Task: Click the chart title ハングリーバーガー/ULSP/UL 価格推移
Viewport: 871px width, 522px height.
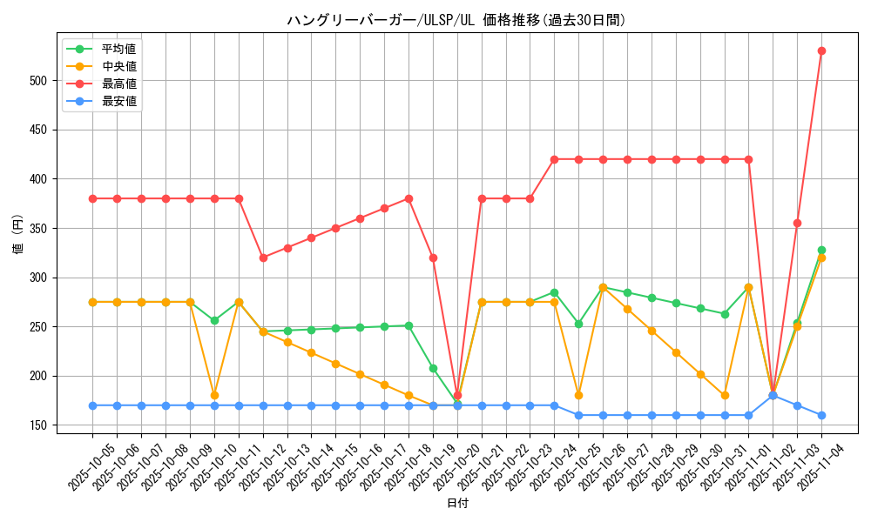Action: click(x=456, y=20)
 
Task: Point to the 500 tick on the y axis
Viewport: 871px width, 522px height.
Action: click(x=45, y=81)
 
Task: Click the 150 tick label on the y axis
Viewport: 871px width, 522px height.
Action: click(x=45, y=425)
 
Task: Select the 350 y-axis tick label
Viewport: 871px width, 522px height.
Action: click(x=45, y=229)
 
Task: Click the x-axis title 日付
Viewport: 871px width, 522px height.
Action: click(x=457, y=504)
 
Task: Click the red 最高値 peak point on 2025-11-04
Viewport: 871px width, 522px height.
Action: click(x=821, y=50)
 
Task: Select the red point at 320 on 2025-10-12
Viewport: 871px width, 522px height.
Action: click(x=263, y=258)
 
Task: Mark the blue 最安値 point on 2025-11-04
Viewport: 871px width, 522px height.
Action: click(x=821, y=415)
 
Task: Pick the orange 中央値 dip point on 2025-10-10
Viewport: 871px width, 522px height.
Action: click(x=214, y=395)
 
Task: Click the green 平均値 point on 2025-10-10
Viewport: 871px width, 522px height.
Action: click(x=214, y=320)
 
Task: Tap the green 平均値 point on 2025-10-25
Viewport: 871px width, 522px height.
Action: click(x=578, y=324)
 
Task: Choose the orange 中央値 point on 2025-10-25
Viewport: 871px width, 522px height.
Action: click(x=578, y=395)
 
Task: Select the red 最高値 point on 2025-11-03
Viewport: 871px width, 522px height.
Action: click(x=797, y=223)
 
